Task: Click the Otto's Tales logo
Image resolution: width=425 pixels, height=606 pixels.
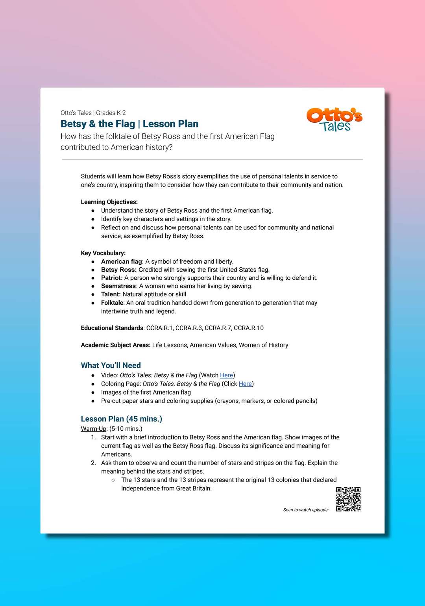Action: (x=334, y=119)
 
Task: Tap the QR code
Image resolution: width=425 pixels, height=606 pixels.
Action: (x=348, y=499)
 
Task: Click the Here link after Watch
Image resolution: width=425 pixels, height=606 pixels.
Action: (x=226, y=375)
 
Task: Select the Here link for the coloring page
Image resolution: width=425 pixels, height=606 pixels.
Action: (x=245, y=384)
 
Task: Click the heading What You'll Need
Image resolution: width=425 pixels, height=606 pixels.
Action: (x=111, y=365)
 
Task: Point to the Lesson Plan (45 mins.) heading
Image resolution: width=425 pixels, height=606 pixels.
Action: (x=121, y=419)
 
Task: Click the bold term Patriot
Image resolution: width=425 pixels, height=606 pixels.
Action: (x=111, y=278)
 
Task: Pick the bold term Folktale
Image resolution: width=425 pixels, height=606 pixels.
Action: (x=112, y=303)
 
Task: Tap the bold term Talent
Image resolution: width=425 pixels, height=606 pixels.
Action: (x=111, y=294)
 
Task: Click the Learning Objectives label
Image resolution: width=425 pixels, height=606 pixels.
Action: (x=109, y=202)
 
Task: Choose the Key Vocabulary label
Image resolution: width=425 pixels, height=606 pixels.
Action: (x=103, y=253)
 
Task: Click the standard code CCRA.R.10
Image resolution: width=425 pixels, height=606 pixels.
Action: (x=249, y=328)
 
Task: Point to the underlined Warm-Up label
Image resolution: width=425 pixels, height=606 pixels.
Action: (x=94, y=429)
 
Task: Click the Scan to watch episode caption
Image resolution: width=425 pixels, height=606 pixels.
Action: (x=306, y=510)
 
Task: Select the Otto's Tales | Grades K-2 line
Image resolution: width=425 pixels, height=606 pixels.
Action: (x=93, y=113)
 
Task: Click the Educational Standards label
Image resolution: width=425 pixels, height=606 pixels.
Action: (x=112, y=328)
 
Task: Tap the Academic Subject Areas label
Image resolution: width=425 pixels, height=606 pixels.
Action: (x=115, y=345)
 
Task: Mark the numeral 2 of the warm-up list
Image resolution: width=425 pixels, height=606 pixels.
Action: (x=93, y=463)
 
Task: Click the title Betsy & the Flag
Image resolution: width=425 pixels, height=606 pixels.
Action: (x=98, y=124)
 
